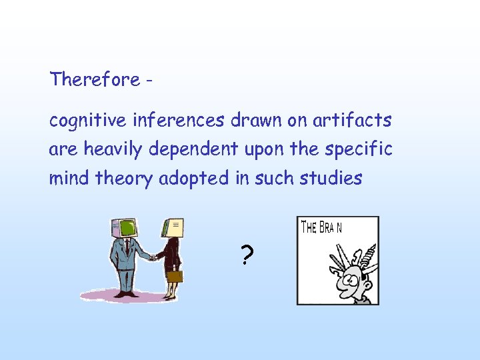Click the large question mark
[247, 254]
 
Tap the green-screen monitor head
[127, 229]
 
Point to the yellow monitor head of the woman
[173, 228]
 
